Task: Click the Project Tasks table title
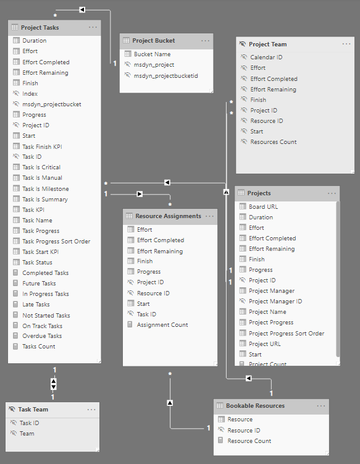tap(40, 28)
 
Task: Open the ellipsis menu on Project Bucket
tap(205, 41)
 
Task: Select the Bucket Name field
tap(152, 54)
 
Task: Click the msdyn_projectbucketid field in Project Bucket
tap(165, 76)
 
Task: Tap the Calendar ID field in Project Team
tap(266, 57)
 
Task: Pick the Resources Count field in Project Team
tap(274, 141)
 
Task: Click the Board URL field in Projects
tap(263, 206)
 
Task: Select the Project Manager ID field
tap(275, 302)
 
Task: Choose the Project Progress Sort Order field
tap(287, 333)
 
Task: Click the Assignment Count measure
tap(162, 324)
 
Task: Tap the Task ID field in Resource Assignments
tap(146, 314)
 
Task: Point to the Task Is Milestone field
tap(46, 189)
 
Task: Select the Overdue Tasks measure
tap(42, 336)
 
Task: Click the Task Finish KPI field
tap(42, 147)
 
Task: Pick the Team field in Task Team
tap(27, 434)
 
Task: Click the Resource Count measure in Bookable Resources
tap(249, 441)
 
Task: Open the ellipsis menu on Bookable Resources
tap(321, 406)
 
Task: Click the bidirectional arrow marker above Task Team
tap(54, 384)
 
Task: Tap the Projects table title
tap(259, 193)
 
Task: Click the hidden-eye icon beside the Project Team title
tap(242, 44)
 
